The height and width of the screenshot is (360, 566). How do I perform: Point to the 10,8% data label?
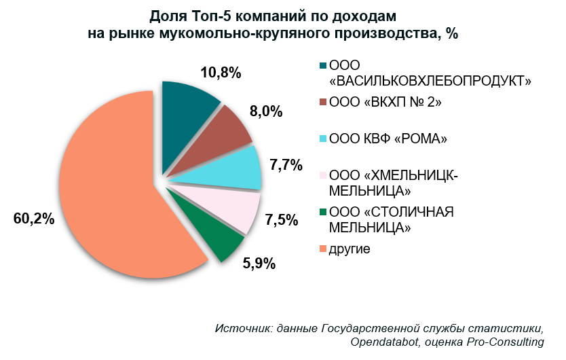[x=221, y=73]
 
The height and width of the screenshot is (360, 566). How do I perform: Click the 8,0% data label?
[x=266, y=113]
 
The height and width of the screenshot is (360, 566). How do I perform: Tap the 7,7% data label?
[x=284, y=165]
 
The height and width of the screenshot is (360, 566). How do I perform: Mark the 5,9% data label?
[x=259, y=263]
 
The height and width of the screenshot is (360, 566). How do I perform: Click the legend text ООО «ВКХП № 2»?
[x=385, y=103]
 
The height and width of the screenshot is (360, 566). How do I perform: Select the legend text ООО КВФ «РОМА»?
[x=388, y=140]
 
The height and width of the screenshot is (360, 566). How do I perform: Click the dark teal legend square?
[x=322, y=66]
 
